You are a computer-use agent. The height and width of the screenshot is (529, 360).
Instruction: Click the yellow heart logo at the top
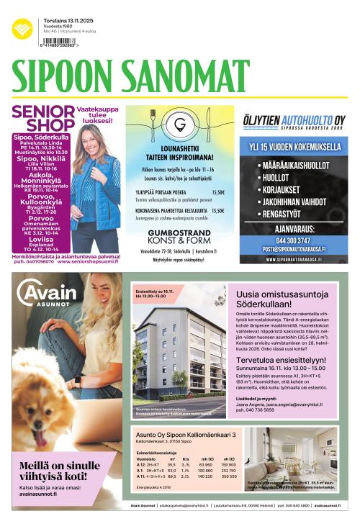tap(22, 28)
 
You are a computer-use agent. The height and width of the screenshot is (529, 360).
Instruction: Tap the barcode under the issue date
tap(58, 42)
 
